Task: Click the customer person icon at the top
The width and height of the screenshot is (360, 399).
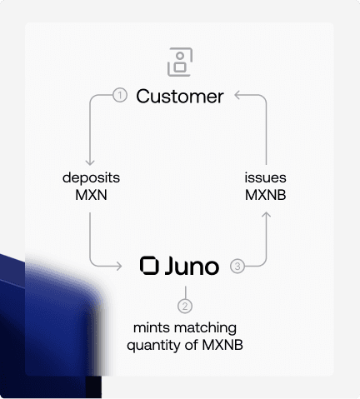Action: (x=180, y=62)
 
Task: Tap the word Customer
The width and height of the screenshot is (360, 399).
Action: (x=180, y=97)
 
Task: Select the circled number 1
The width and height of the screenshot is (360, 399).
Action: (x=120, y=95)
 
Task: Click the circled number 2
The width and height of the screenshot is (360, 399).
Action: (x=185, y=306)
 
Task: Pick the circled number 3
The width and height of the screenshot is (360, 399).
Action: (x=237, y=266)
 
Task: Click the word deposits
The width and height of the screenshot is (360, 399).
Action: (x=91, y=178)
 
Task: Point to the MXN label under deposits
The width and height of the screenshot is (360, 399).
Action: (x=91, y=195)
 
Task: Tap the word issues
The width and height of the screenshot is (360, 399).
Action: (x=265, y=177)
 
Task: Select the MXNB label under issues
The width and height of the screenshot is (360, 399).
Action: (x=265, y=195)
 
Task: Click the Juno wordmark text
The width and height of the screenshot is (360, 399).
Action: (x=192, y=266)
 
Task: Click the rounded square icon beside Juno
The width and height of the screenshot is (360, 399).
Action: (x=149, y=266)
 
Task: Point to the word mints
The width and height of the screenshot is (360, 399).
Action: (x=152, y=328)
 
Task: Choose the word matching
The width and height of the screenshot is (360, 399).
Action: (x=205, y=328)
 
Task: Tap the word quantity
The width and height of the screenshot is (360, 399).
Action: (x=153, y=346)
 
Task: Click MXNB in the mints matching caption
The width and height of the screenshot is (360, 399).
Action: (x=222, y=345)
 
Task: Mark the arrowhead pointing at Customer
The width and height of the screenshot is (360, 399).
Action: (x=237, y=95)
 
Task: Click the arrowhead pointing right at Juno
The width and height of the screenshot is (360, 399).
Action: (x=119, y=266)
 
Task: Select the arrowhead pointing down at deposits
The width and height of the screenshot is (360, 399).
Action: (x=90, y=162)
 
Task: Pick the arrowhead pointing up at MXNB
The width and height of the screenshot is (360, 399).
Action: (x=267, y=215)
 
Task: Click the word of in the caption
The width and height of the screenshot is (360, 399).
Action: (x=192, y=345)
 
